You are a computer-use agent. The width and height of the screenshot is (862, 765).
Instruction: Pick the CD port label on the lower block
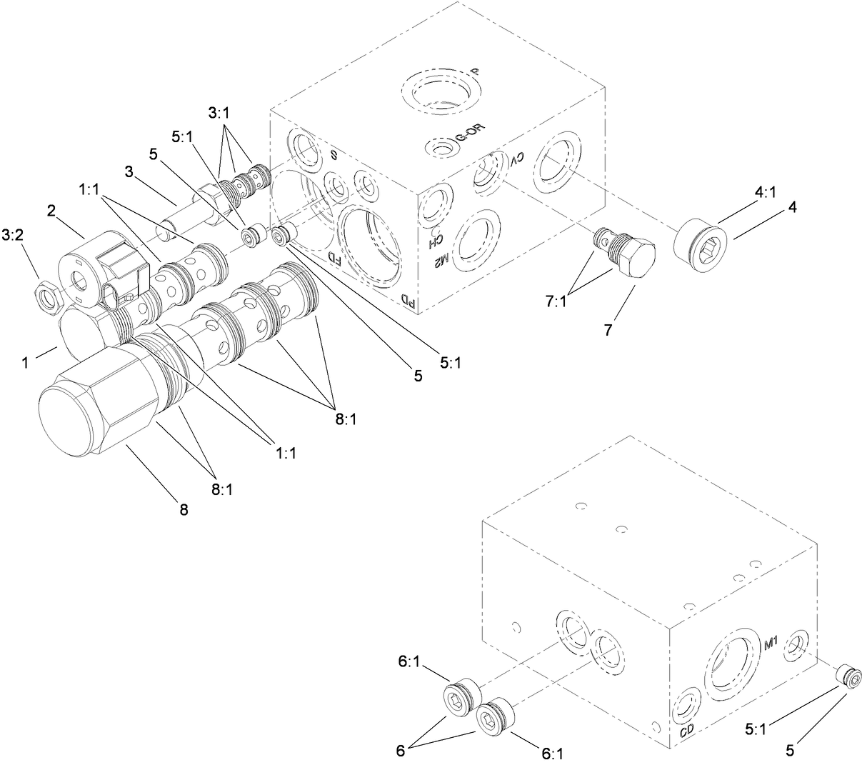click(x=687, y=730)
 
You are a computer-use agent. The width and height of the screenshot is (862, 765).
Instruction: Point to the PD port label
click(x=407, y=301)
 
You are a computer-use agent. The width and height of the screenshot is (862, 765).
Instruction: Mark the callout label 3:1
click(x=220, y=114)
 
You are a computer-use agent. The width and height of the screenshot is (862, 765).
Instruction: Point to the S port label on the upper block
click(x=333, y=156)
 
